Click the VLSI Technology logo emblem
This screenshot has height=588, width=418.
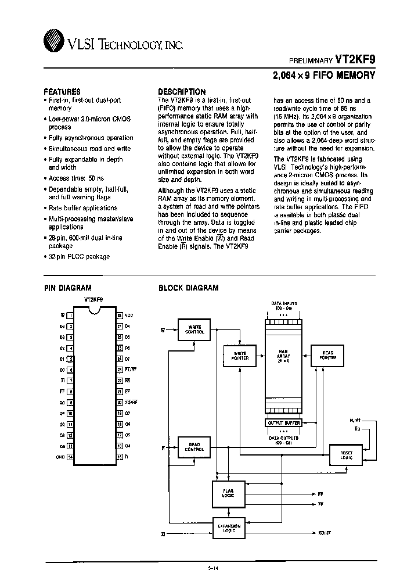pos(53,41)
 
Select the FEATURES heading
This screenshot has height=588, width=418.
pos(62,92)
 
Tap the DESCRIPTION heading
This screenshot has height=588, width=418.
pos(182,92)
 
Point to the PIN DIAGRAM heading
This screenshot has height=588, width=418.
pos(68,288)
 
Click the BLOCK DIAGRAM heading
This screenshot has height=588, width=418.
pos(189,288)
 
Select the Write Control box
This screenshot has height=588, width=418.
pos(194,329)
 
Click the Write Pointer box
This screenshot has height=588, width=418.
pos(240,356)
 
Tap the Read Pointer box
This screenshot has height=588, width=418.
pos(328,355)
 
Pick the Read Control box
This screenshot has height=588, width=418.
pos(194,447)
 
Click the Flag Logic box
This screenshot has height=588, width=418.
pos(228,493)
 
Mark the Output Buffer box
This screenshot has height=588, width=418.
pos(283,423)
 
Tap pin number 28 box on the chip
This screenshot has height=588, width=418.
pos(119,315)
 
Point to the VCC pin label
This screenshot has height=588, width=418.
pos(129,315)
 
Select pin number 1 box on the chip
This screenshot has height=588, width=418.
pos(70,315)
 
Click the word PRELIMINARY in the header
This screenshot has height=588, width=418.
pos(311,60)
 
